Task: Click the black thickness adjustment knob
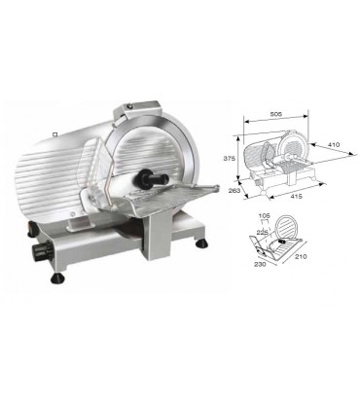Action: coord(41,249)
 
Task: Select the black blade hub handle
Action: coord(153,177)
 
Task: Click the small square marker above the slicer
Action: coord(55,133)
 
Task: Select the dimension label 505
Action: coord(276,114)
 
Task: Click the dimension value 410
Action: coord(333,144)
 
